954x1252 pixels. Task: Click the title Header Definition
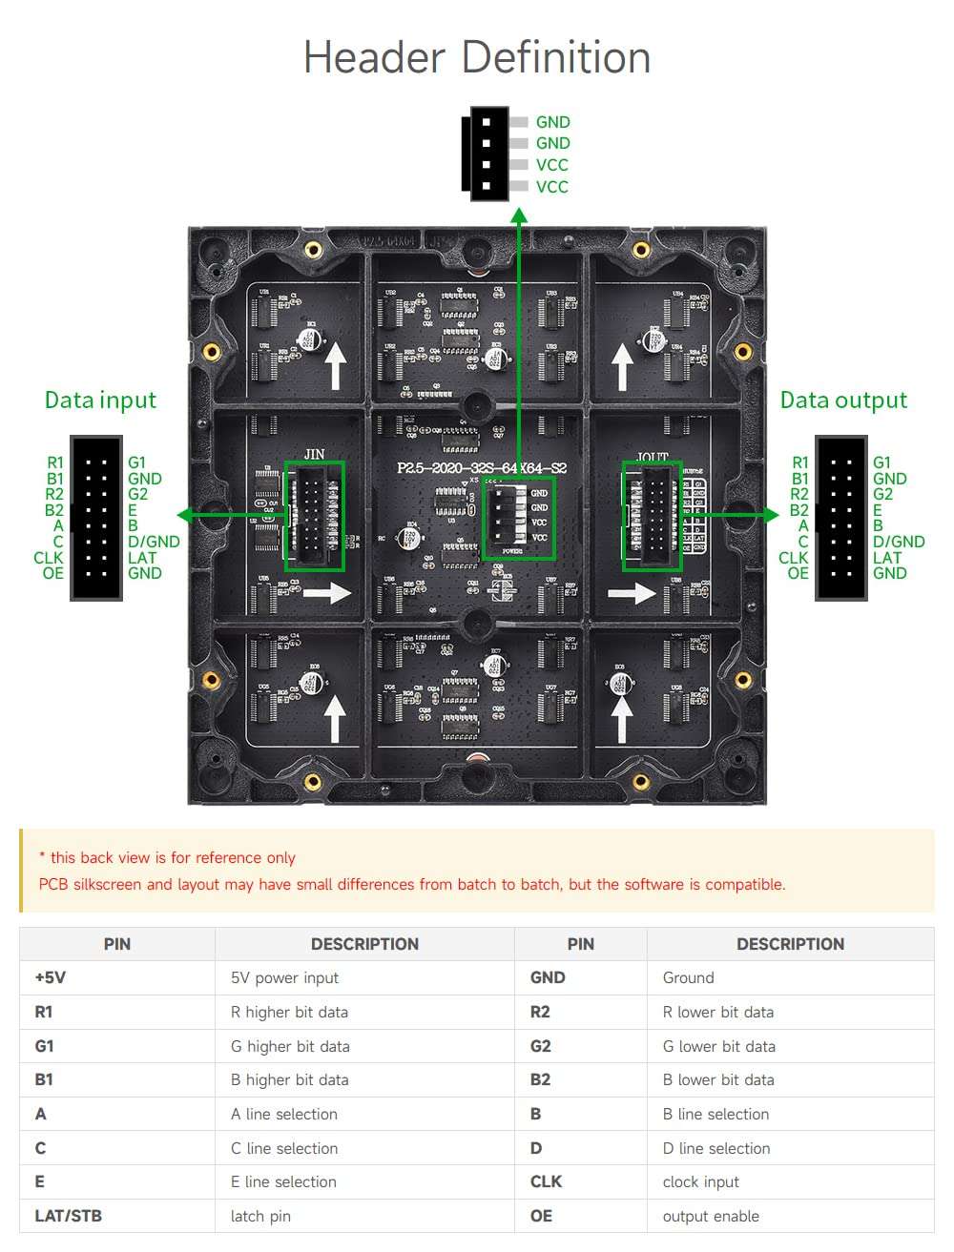tap(477, 57)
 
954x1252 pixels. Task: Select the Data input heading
tap(100, 400)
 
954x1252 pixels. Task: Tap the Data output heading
tap(843, 400)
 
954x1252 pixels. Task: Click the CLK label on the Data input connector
tap(48, 558)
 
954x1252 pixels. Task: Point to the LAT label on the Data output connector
tap(886, 558)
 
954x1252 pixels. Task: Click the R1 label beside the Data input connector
tap(55, 462)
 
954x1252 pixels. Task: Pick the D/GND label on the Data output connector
tap(898, 542)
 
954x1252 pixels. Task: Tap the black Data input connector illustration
tap(96, 518)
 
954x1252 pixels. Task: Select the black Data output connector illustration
tap(840, 518)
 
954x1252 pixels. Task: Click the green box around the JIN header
tap(315, 516)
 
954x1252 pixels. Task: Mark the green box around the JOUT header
tap(652, 516)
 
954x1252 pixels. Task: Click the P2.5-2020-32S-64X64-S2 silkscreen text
tap(482, 468)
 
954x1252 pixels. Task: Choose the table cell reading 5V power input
tap(284, 977)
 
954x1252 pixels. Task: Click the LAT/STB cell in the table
tap(68, 1216)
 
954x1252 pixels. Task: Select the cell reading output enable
tap(711, 1216)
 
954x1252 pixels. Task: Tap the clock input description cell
tap(700, 1181)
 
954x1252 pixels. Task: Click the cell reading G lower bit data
tap(718, 1046)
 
